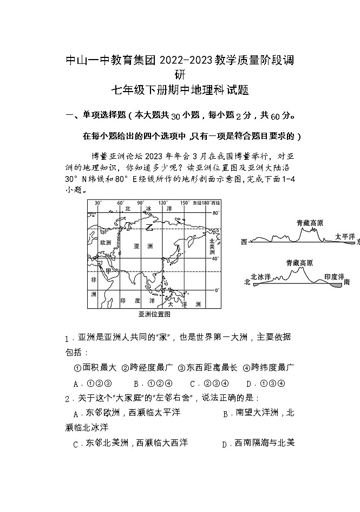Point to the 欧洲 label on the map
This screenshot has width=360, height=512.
tap(106, 243)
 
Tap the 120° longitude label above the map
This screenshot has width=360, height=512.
tap(163, 203)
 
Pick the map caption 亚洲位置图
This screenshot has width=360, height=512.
tap(154, 314)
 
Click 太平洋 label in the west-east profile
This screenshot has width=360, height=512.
tap(345, 237)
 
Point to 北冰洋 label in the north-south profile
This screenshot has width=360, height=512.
tap(260, 276)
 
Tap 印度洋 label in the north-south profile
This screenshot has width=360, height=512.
tap(333, 276)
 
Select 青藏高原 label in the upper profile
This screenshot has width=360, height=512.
tap(310, 223)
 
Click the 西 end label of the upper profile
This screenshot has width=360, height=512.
tap(244, 242)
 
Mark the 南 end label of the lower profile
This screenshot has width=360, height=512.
tap(346, 282)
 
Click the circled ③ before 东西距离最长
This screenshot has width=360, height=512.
tap(182, 367)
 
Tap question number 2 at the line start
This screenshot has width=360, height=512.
tap(67, 399)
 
